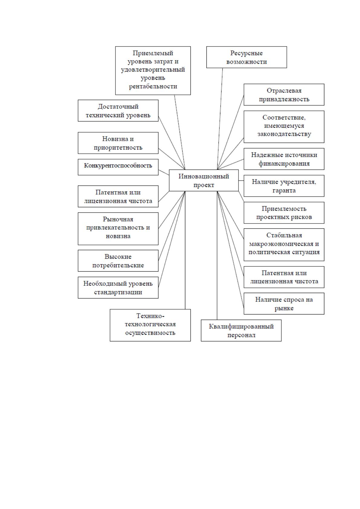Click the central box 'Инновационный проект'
click(203, 180)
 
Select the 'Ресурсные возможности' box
click(247, 57)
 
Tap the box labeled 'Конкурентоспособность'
click(118, 167)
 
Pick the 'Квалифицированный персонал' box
click(241, 330)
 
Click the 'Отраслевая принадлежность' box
click(284, 95)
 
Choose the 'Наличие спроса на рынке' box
click(284, 304)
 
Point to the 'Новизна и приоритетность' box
click(118, 143)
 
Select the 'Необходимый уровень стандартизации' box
click(118, 288)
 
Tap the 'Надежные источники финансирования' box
click(284, 159)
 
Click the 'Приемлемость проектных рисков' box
click(284, 213)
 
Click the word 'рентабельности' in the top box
click(153, 86)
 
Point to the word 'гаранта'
click(284, 190)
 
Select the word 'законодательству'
click(284, 134)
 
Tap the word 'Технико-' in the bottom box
click(150, 316)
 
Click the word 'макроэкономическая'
click(284, 244)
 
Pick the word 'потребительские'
click(118, 265)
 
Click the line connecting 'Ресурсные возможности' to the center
click(220, 119)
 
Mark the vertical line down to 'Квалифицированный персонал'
click(217, 256)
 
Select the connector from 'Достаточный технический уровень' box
click(172, 143)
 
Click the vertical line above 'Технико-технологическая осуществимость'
click(185, 250)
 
